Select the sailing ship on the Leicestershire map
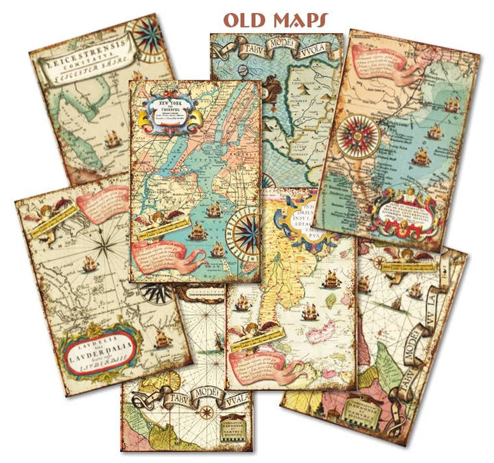click(x=113, y=143)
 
